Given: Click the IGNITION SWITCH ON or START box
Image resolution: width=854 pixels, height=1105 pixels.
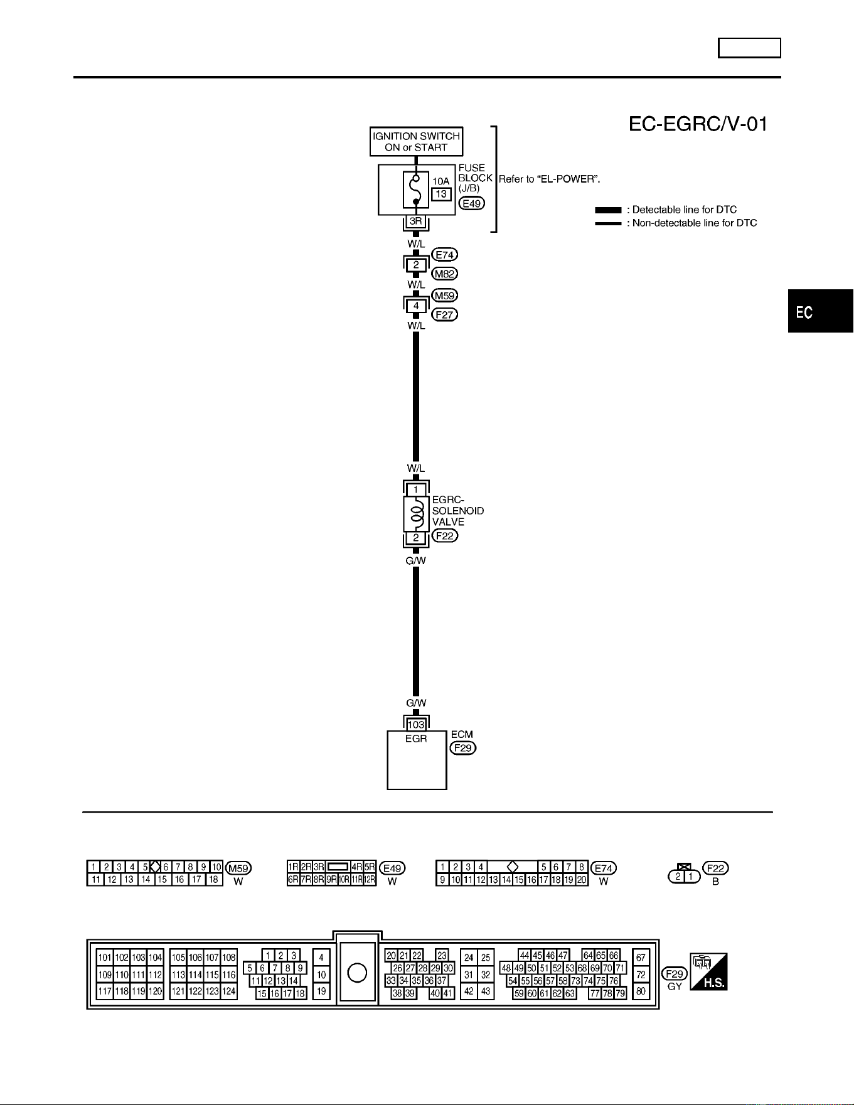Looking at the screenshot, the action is pos(416,141).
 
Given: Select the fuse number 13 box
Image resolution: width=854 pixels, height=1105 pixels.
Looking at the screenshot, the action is pos(441,194).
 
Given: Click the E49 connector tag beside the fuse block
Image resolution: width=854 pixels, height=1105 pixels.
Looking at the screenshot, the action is pos(471,203).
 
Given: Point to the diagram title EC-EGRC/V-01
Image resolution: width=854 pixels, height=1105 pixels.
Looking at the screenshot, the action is pos(698,124).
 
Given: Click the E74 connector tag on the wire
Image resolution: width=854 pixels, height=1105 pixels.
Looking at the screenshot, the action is pos(445,255).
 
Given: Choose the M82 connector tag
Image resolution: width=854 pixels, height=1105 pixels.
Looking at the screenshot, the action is pos(445,274).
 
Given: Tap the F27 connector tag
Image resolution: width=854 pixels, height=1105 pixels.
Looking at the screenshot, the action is pos(445,314).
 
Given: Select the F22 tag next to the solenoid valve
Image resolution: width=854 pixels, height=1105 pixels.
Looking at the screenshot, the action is pos(445,536).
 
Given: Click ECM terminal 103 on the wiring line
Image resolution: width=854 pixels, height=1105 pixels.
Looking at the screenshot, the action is pos(416,725).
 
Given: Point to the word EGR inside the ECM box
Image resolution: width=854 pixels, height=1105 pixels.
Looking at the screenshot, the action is pos(416,739).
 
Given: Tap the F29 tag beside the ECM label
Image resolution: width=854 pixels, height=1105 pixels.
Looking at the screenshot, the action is pos(463,748).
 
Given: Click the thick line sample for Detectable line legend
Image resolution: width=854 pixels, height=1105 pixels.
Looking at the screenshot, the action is pos(608,210).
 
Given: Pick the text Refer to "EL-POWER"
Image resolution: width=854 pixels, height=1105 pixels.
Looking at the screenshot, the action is pos(550,179).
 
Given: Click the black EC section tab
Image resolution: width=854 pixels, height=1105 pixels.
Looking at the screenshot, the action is pos(821,312).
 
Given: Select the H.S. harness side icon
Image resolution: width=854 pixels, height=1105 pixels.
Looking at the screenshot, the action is pos(708,972).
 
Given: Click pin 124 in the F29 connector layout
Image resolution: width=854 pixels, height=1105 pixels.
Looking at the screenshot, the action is pos(229,991).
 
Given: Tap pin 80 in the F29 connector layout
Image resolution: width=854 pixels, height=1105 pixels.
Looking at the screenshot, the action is pos(641,992).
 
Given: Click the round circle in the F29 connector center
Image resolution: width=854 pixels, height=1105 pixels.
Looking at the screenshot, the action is pos(357,973).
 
